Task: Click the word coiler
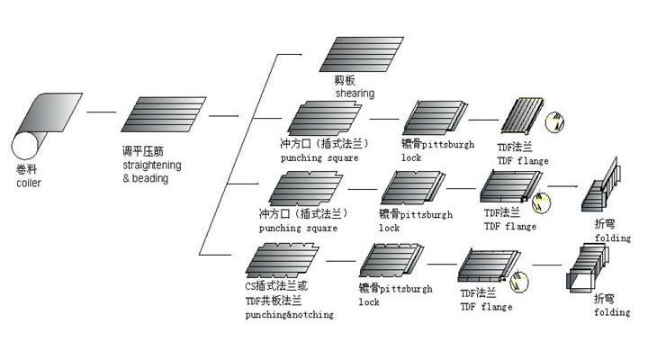(x=28, y=183)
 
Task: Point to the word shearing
(x=355, y=93)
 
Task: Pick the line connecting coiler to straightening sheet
(x=101, y=112)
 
